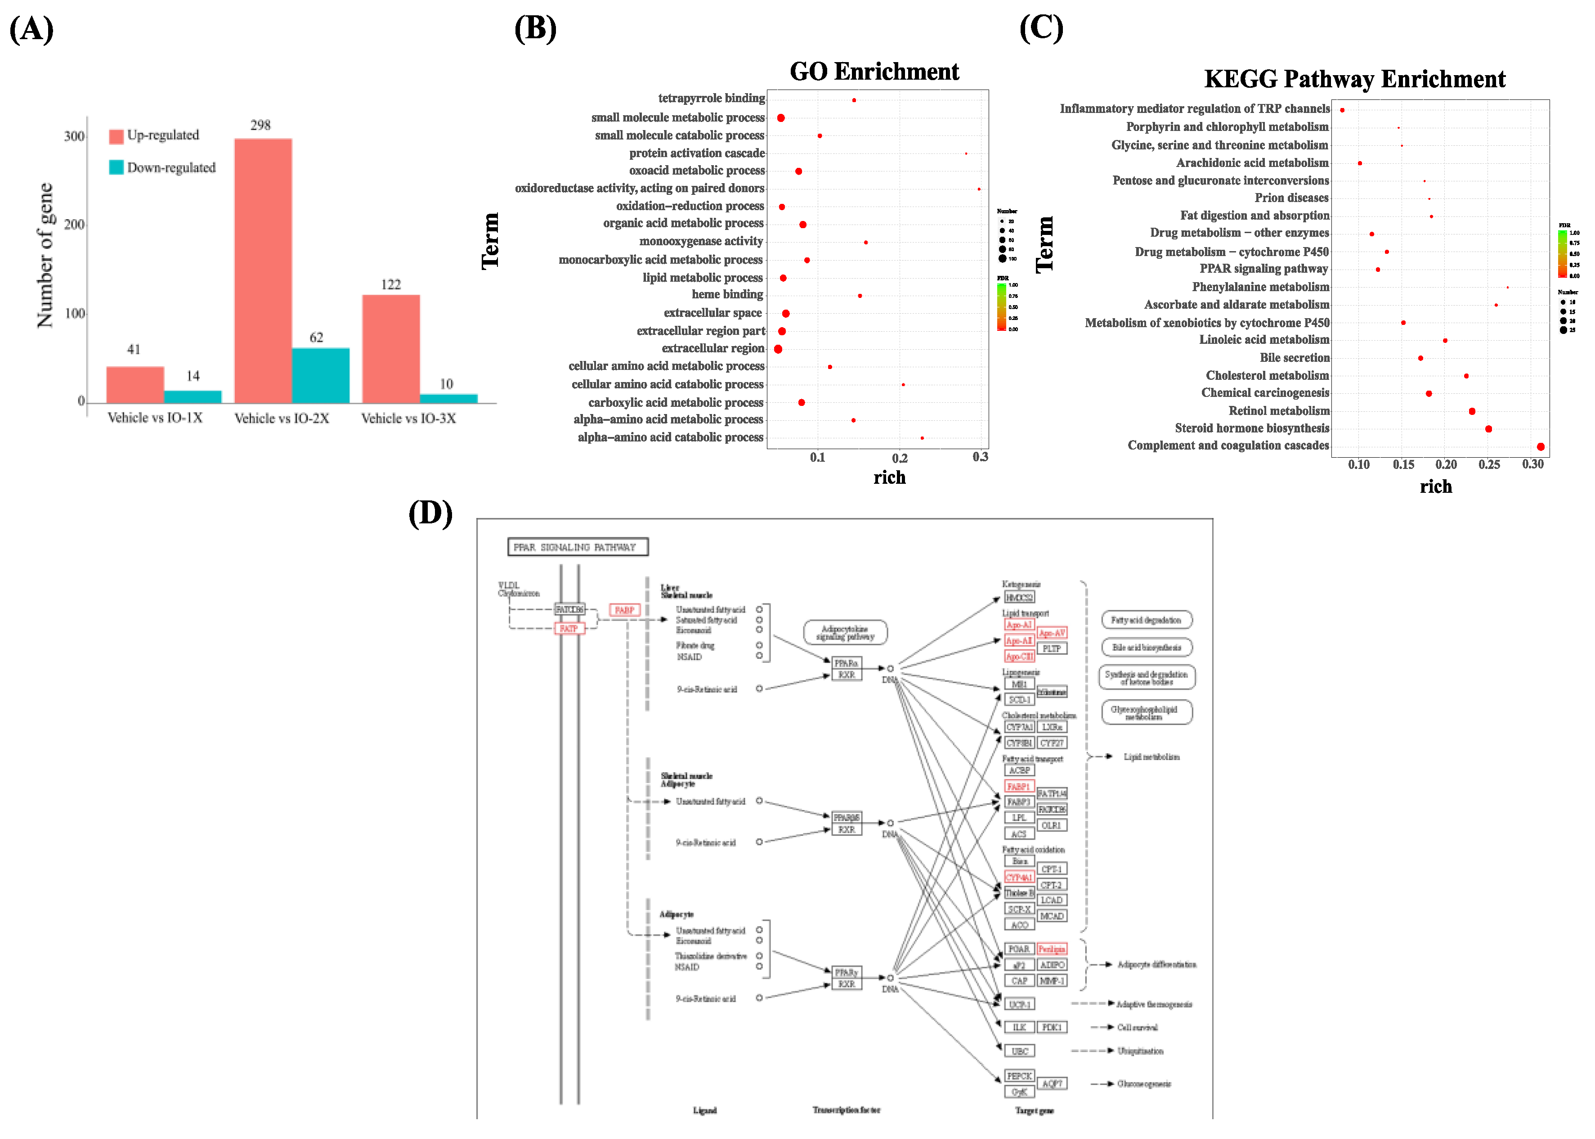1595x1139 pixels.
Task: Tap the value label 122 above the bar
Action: point(390,284)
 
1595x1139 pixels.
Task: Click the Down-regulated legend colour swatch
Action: point(116,167)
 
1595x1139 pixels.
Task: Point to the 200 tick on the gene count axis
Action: point(74,225)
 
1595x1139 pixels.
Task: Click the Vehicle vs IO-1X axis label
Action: point(155,418)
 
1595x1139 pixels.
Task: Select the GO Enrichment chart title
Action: point(874,72)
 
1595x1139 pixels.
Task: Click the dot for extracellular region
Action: point(778,349)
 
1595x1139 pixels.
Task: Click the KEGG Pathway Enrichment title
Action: point(1354,79)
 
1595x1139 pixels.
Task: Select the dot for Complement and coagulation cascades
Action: point(1540,447)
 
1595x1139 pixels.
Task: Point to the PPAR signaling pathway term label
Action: point(1263,269)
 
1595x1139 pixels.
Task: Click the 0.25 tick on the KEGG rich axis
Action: point(1489,464)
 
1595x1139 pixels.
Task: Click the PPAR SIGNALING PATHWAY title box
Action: point(578,547)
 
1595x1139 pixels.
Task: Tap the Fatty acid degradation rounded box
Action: point(1146,620)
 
